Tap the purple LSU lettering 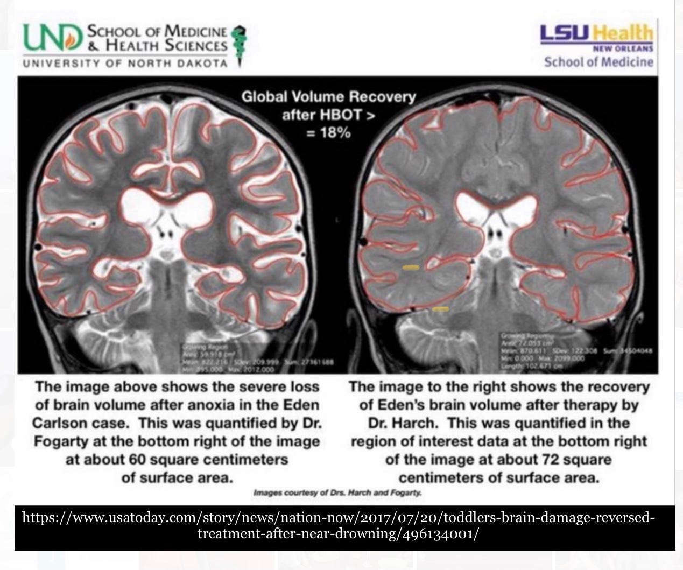click(565, 33)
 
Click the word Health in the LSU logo click(622, 34)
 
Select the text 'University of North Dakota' click(125, 64)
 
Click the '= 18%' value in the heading click(328, 132)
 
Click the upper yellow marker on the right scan click(411, 267)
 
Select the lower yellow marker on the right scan click(441, 309)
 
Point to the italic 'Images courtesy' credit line click(337, 492)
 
